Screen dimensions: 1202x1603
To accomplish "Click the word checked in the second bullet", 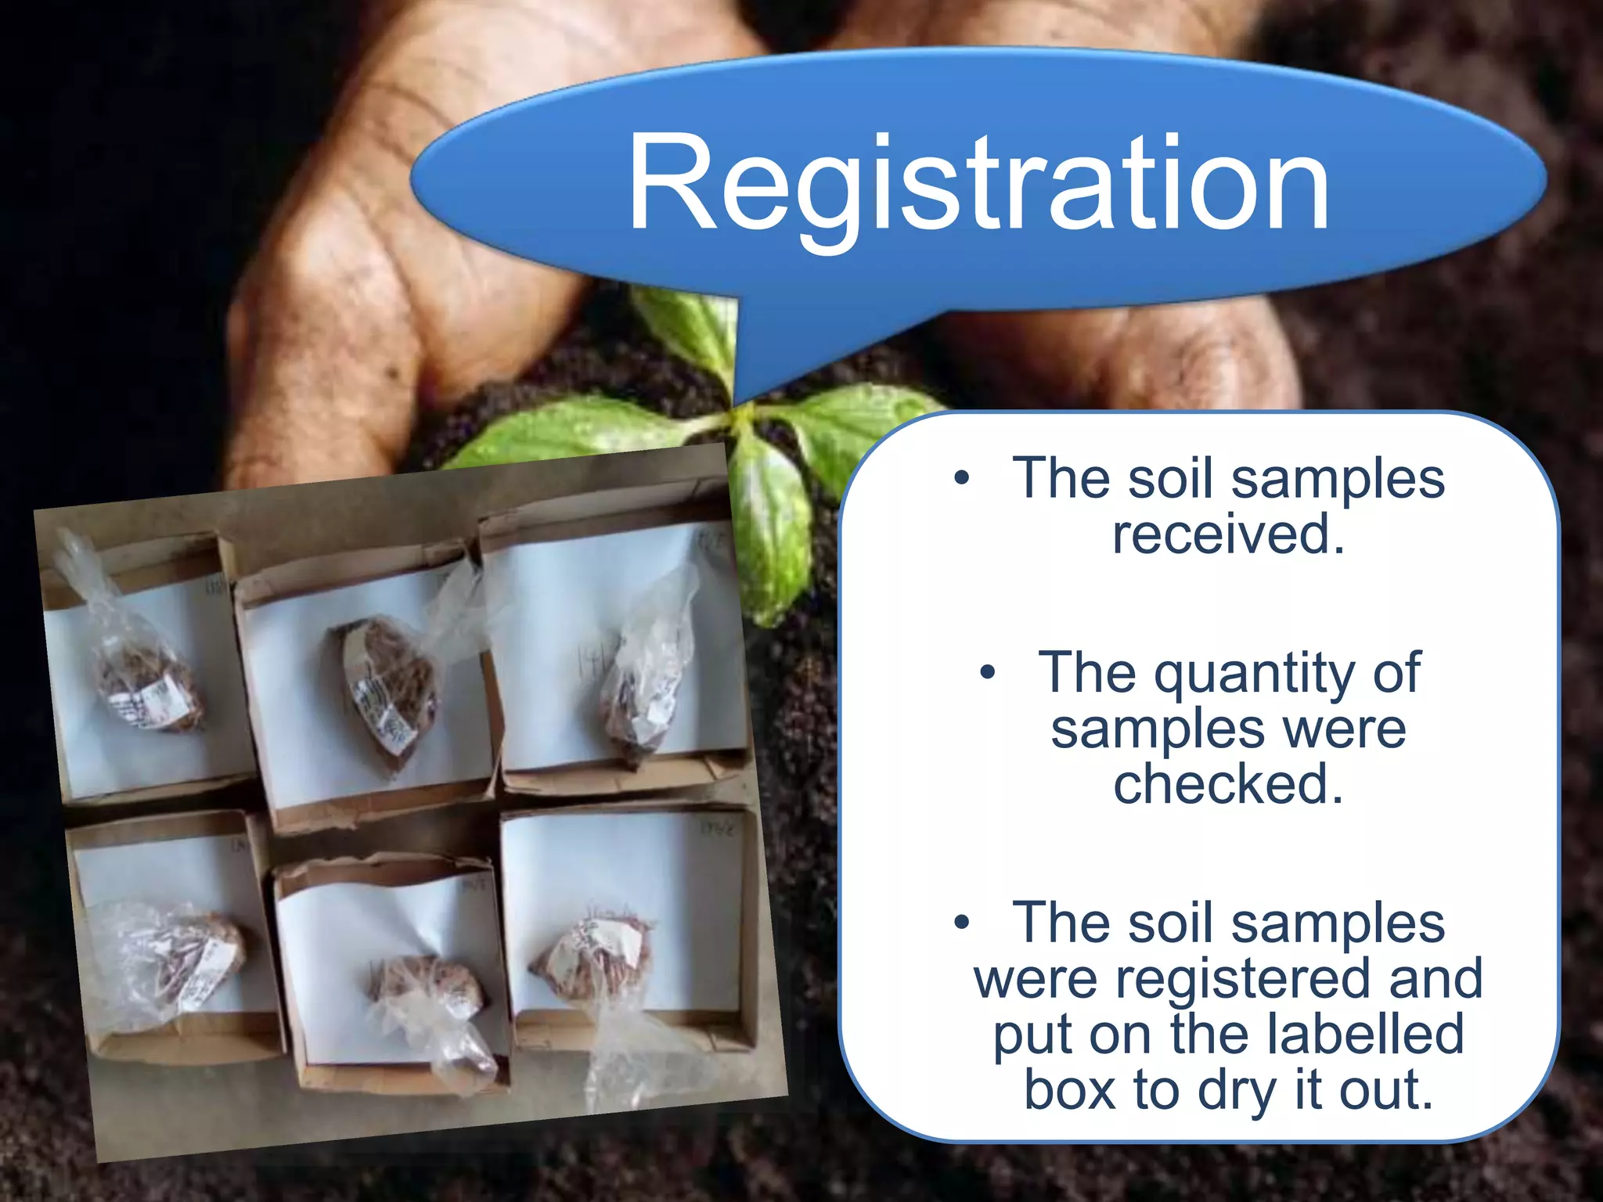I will pos(1228,784).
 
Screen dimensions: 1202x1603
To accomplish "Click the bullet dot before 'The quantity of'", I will pos(988,672).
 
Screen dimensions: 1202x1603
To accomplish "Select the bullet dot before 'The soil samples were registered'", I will pos(962,923).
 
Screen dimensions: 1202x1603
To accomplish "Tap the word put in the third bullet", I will pos(1032,1035).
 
